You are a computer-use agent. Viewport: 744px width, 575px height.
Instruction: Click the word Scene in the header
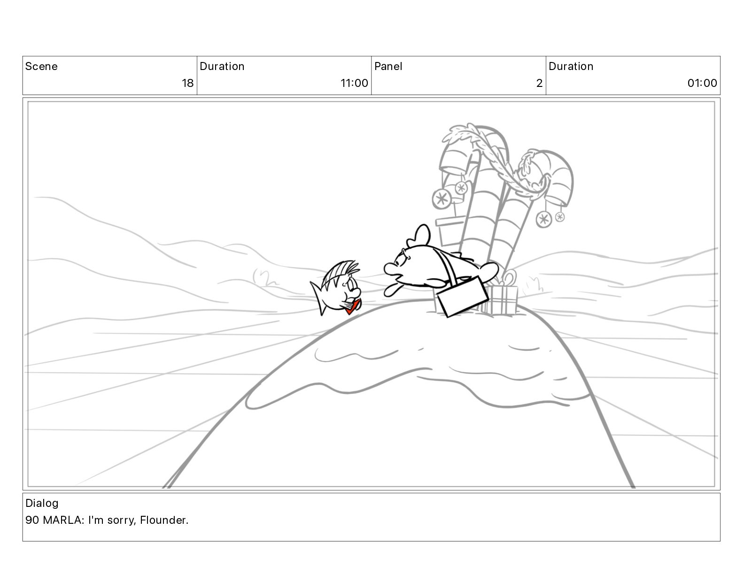tap(41, 66)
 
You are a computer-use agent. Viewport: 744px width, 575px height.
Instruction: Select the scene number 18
tap(187, 83)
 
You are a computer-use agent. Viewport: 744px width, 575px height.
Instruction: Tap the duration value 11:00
tap(354, 83)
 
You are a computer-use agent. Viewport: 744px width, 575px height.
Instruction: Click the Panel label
tap(388, 66)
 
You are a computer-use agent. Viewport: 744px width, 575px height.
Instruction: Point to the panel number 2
tap(539, 83)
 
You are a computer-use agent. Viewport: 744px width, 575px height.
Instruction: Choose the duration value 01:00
tap(702, 83)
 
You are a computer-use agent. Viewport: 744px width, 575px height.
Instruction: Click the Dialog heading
tap(42, 503)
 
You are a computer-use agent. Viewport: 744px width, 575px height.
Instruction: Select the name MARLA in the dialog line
tap(63, 520)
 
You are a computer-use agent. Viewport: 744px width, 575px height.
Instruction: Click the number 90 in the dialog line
tap(32, 520)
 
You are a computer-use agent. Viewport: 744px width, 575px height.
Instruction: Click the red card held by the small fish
tap(352, 306)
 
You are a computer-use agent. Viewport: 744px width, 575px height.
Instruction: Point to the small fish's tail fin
tap(318, 297)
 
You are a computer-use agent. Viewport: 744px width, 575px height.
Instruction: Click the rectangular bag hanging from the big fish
tap(462, 296)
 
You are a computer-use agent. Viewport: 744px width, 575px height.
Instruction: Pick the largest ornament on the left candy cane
tap(442, 199)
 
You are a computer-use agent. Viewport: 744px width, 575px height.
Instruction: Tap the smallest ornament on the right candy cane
tap(560, 217)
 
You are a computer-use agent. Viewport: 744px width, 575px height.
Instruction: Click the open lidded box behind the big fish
tap(450, 231)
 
